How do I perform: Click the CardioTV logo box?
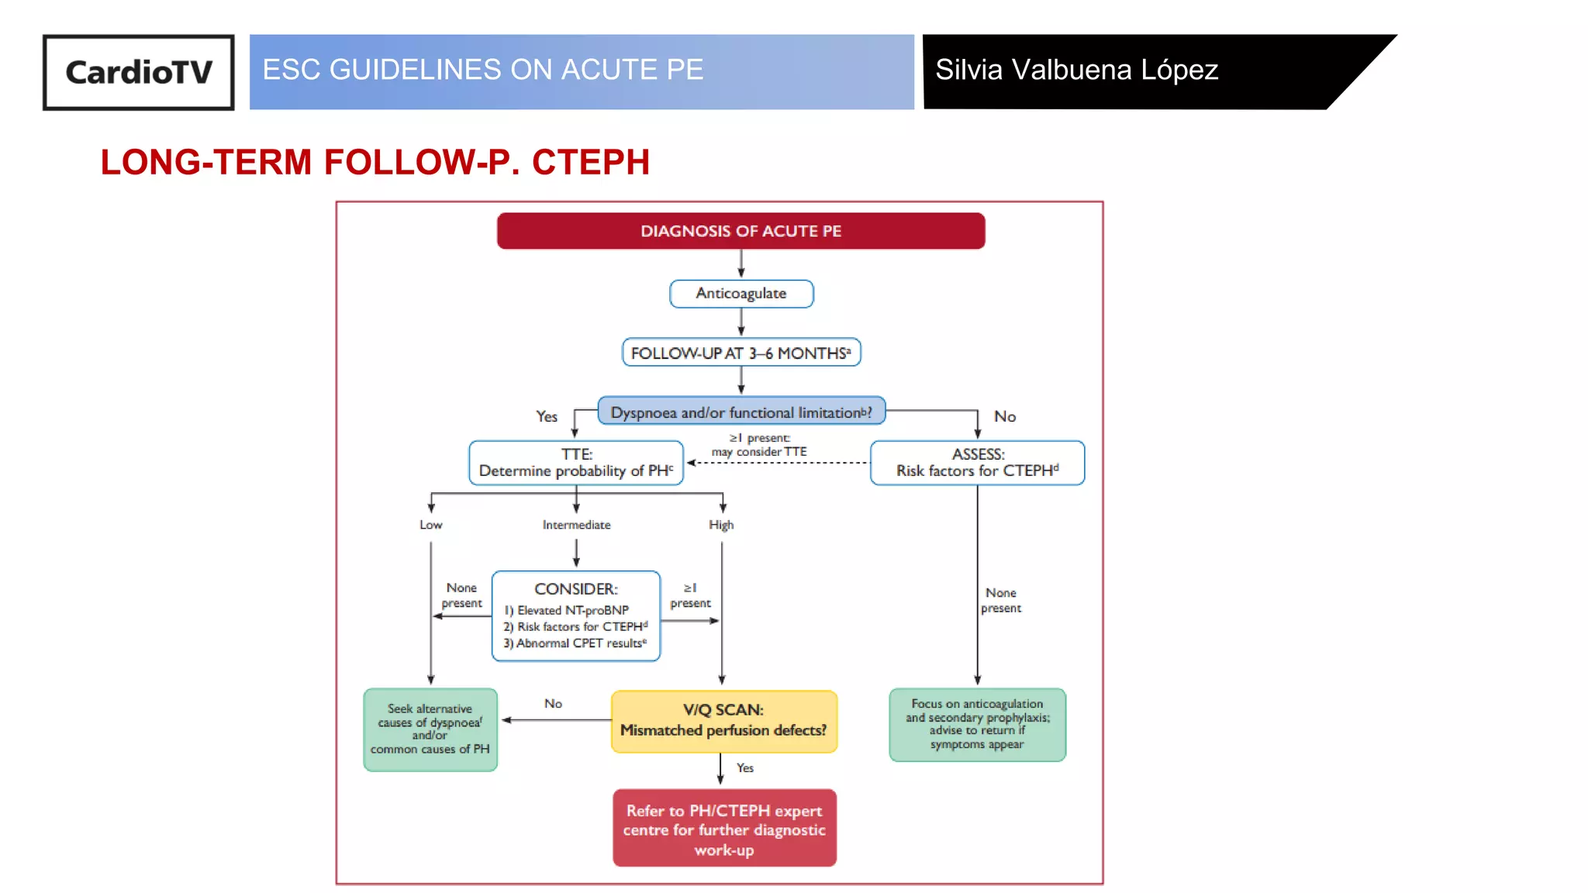[x=138, y=72]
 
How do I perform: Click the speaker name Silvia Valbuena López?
[x=1076, y=71]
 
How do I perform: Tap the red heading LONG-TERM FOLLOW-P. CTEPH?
[x=375, y=163]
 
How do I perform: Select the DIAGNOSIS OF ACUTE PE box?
[x=740, y=231]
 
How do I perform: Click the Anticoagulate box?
[x=740, y=294]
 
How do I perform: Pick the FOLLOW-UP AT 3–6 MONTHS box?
[x=740, y=353]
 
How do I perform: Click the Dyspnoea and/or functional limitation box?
[x=740, y=412]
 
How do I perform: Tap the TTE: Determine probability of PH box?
[x=575, y=463]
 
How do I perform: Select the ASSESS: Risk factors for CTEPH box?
[x=977, y=463]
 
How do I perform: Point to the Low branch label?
[x=430, y=525]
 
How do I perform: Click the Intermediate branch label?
[x=576, y=525]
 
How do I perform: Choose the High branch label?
[x=721, y=525]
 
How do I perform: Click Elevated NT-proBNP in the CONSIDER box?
[x=567, y=611]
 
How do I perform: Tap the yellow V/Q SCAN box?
[x=723, y=721]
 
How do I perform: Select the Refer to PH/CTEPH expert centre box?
[x=723, y=829]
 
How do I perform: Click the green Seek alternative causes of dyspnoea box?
[x=430, y=729]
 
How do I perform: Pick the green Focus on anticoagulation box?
[x=977, y=724]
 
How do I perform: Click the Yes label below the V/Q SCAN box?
[x=744, y=767]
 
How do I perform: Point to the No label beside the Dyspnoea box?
[x=1004, y=417]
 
